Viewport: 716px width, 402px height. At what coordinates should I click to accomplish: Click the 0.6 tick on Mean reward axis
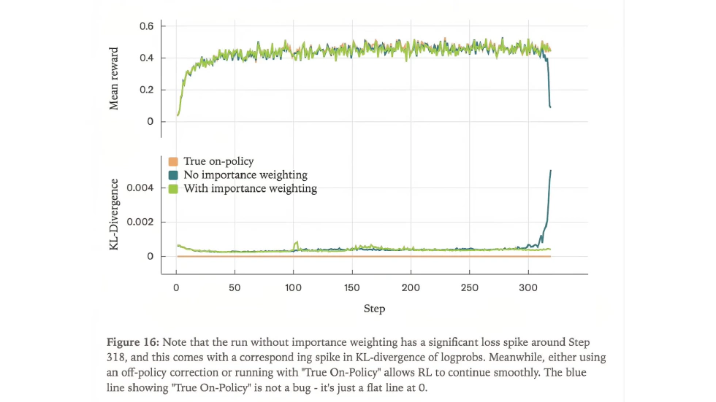(146, 26)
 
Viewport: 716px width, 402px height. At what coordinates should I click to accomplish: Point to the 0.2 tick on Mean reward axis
(146, 90)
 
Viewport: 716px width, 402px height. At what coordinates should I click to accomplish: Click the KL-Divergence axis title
(114, 214)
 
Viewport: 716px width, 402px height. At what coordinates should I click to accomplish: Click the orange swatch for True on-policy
(173, 161)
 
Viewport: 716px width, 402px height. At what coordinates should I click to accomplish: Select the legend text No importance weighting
(245, 174)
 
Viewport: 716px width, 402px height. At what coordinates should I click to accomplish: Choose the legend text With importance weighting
(250, 188)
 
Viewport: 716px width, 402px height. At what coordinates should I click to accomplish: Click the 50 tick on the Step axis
(235, 287)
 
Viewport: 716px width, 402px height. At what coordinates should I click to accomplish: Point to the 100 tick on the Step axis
(293, 287)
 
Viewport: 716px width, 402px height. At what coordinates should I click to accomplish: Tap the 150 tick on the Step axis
(352, 287)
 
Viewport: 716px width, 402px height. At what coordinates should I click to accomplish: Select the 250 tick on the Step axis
(470, 287)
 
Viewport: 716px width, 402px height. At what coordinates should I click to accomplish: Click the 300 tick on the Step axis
(528, 287)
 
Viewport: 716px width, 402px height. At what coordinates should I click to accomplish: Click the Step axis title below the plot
(374, 309)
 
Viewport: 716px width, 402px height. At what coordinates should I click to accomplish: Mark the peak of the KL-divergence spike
(550, 171)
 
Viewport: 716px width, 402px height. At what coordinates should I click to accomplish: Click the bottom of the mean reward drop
(550, 107)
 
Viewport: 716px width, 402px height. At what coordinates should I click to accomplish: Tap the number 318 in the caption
(118, 357)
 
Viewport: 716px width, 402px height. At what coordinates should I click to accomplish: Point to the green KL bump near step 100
(296, 244)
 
